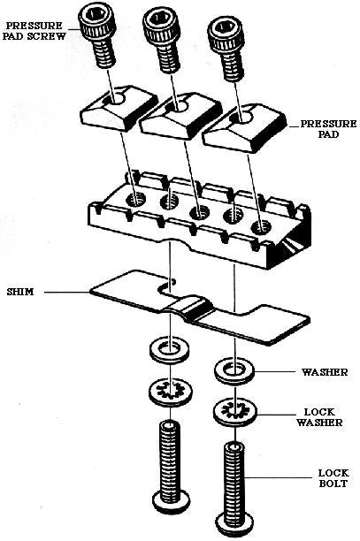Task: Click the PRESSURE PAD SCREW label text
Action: click(x=34, y=31)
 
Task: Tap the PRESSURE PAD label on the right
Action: click(x=328, y=129)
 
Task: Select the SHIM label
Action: click(x=20, y=292)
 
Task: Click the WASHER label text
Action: click(x=325, y=372)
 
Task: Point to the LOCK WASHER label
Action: click(x=319, y=417)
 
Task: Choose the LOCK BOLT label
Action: click(x=333, y=478)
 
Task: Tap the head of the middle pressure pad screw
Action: click(x=162, y=24)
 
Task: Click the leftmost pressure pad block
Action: click(x=119, y=108)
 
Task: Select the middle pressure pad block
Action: click(x=180, y=116)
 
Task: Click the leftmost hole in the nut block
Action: click(x=136, y=199)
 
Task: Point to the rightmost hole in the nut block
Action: click(x=261, y=226)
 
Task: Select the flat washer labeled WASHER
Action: click(x=234, y=371)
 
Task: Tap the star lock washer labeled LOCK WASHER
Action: click(x=234, y=412)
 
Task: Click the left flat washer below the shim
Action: click(x=171, y=349)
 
